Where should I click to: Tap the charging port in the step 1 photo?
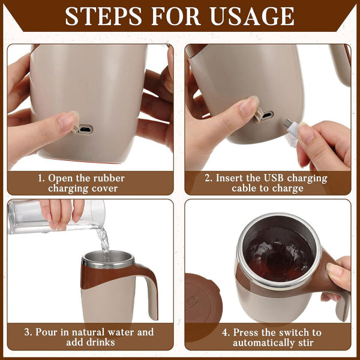point(85,129)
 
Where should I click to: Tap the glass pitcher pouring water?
point(54,217)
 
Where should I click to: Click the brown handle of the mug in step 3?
point(144,288)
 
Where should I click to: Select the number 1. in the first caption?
point(41,178)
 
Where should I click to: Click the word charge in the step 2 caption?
point(289,188)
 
